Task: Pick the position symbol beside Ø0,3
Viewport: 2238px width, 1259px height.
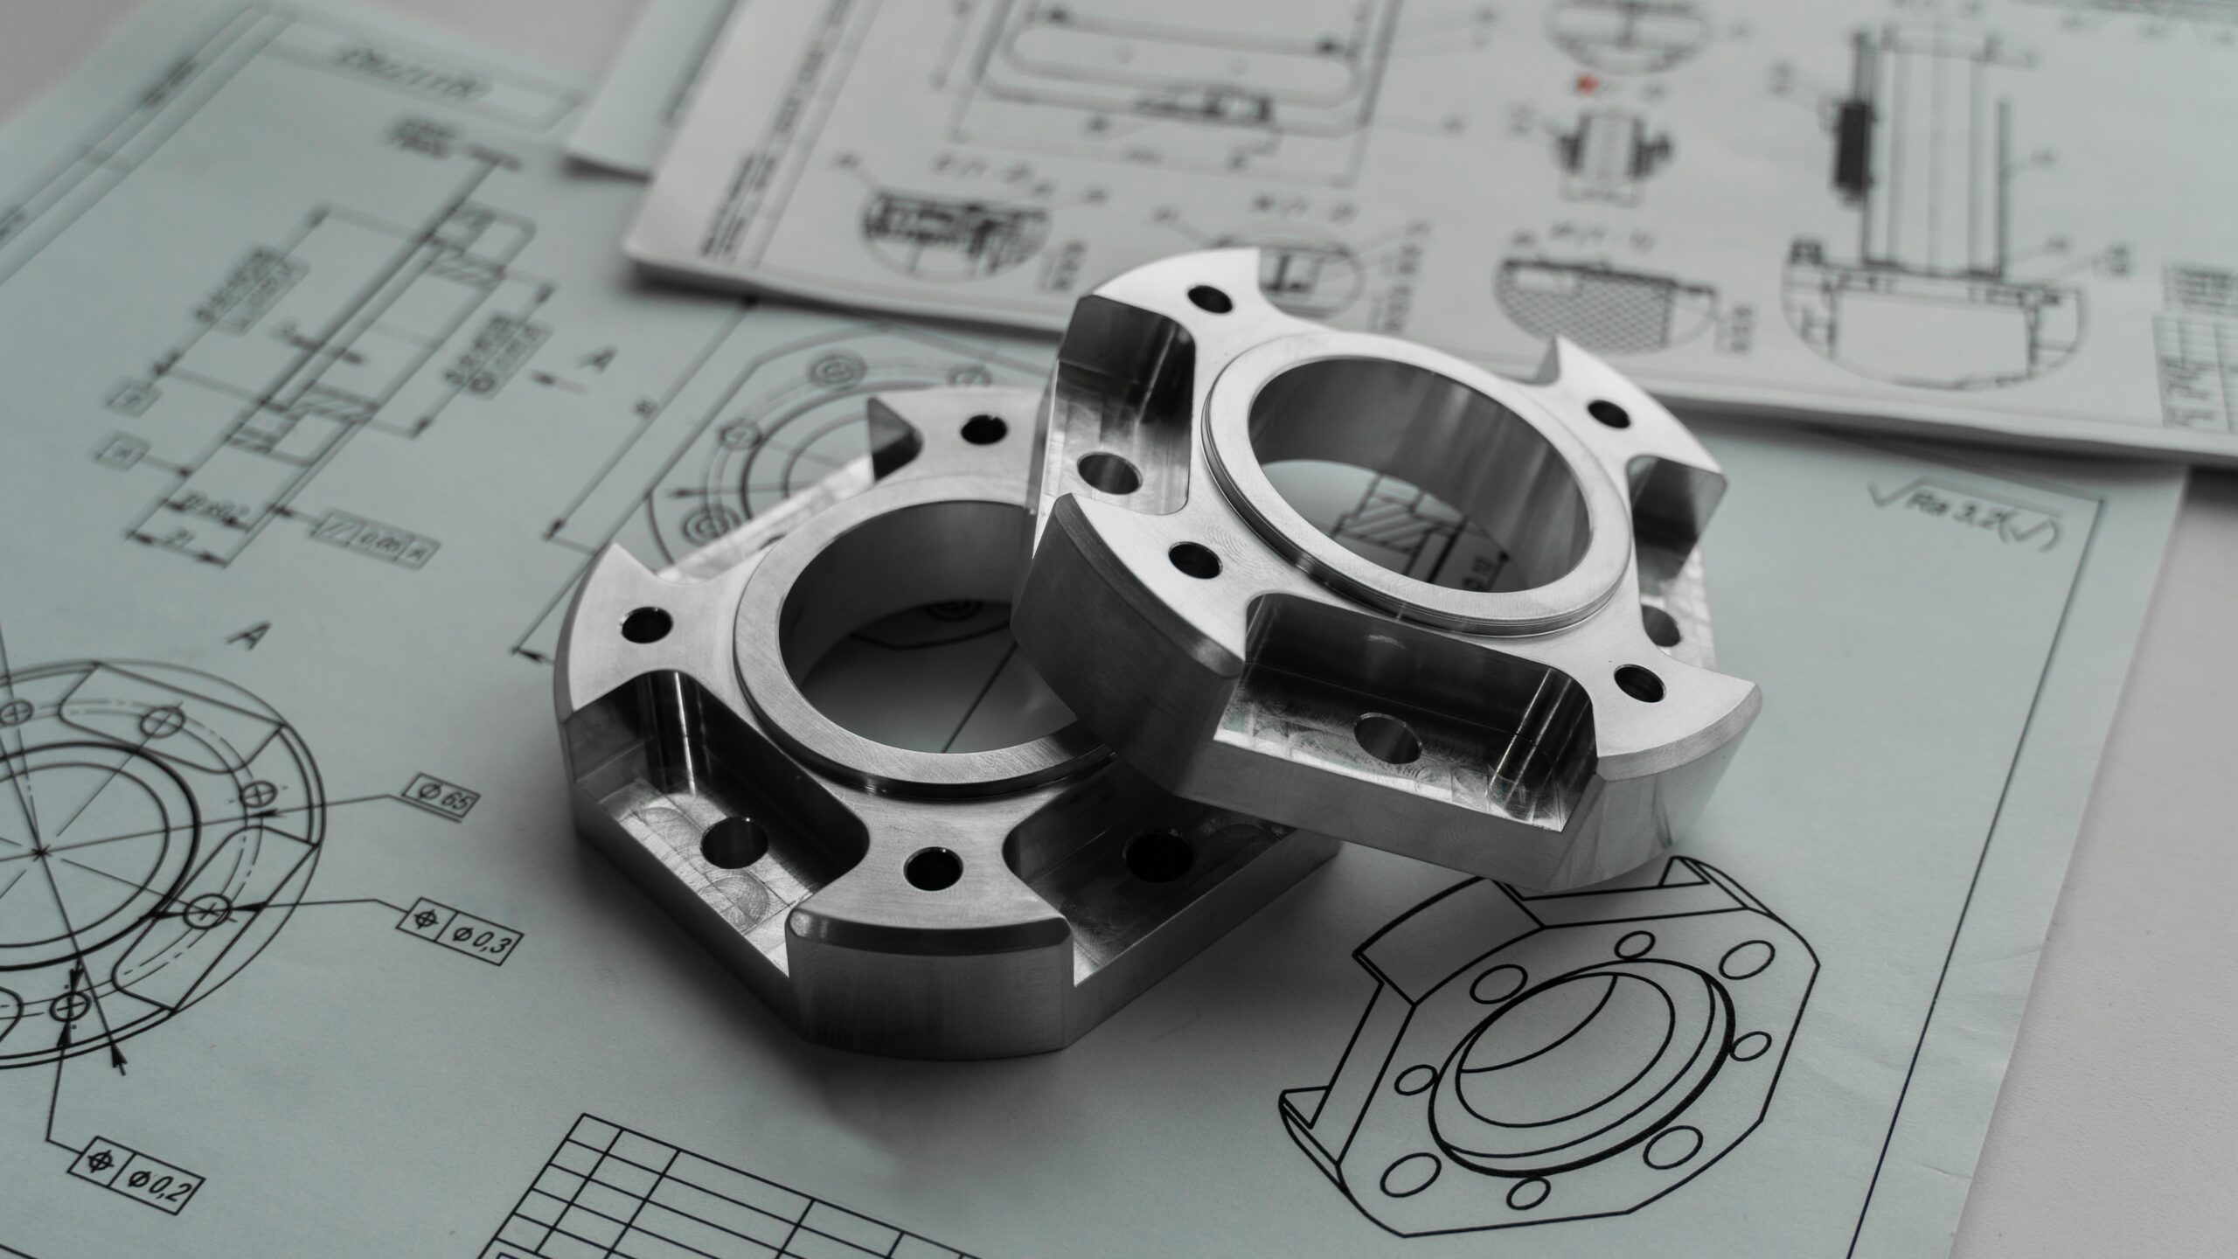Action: (427, 919)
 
